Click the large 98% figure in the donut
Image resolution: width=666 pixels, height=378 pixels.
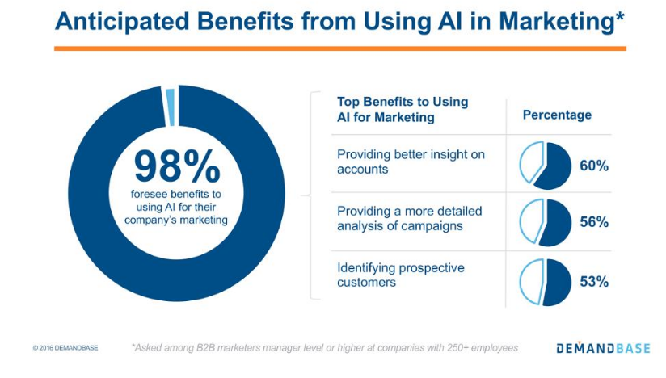coord(177,166)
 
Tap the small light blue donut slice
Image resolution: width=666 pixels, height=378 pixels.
coord(171,107)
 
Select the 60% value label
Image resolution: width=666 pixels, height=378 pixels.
coord(594,166)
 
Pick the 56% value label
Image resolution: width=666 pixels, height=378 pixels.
coord(594,222)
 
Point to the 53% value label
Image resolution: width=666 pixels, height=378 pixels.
coord(594,281)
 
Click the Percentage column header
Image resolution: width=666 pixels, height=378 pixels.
coord(557,115)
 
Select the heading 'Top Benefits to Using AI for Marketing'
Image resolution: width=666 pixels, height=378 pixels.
coord(403,110)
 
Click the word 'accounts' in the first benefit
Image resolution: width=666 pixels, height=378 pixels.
coord(363,170)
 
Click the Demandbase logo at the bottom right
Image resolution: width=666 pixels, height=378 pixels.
coord(603,348)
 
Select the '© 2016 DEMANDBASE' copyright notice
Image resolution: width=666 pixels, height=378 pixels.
coord(65,348)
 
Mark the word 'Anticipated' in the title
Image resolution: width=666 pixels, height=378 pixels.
coord(122,21)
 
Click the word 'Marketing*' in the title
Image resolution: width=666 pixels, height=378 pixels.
coord(562,21)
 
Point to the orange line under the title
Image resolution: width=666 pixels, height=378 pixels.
coord(340,48)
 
